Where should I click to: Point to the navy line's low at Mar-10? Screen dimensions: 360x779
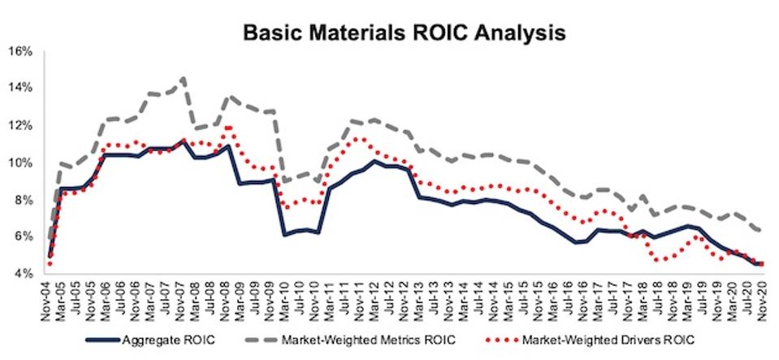click(x=285, y=235)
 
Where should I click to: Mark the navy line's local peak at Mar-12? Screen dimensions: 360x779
click(x=374, y=161)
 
